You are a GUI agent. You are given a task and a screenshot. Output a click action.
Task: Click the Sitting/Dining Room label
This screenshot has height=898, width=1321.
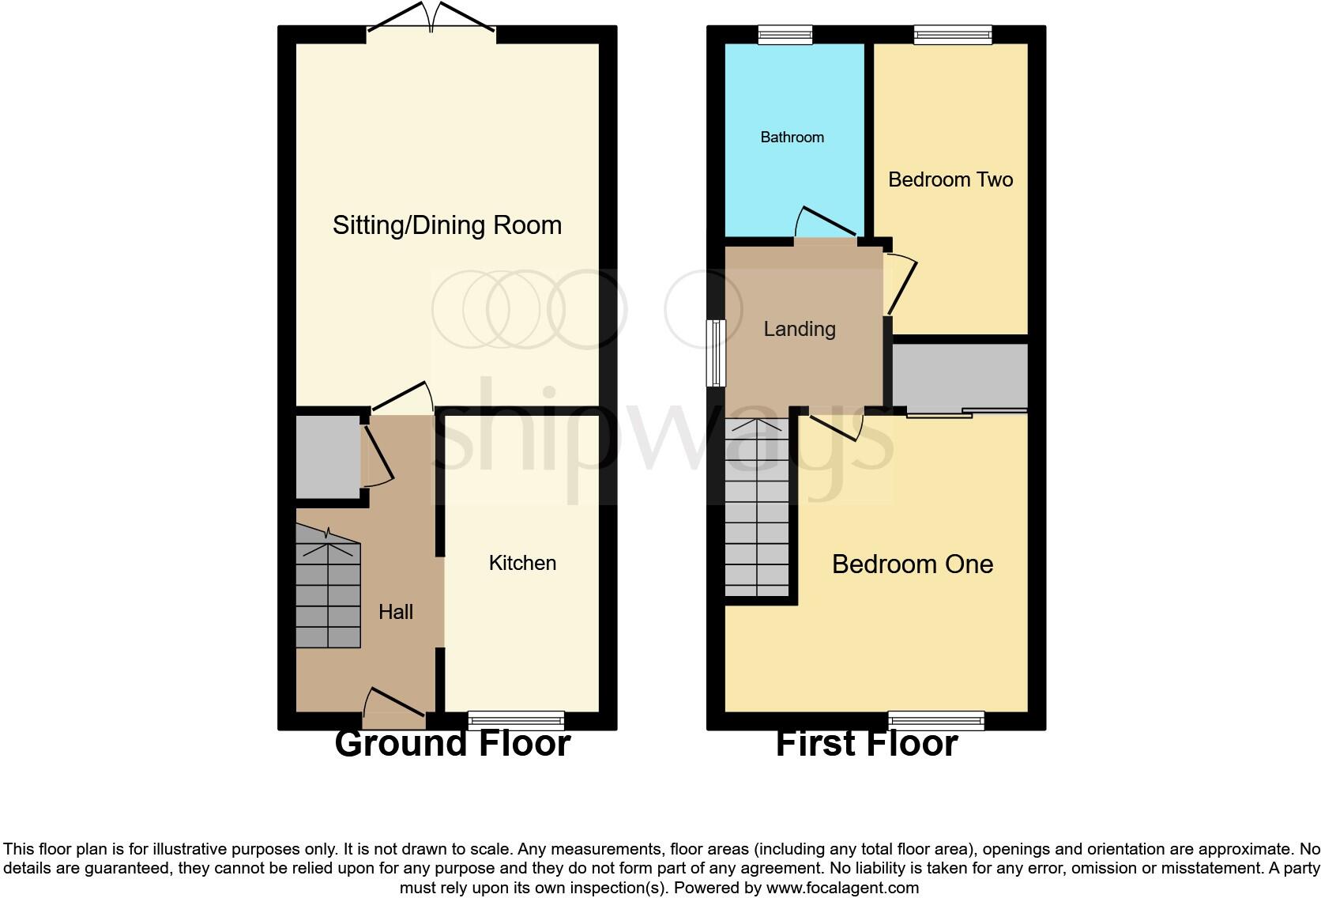(446, 225)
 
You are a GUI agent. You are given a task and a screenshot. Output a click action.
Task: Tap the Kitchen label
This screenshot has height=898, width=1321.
(522, 563)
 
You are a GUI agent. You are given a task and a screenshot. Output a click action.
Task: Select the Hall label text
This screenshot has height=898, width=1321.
(395, 611)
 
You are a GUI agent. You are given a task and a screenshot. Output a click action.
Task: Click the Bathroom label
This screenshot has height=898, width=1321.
(792, 137)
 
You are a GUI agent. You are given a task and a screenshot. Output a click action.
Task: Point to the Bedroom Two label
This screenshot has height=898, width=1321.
(950, 179)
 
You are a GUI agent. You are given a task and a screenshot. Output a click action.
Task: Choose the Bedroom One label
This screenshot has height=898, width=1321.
(912, 564)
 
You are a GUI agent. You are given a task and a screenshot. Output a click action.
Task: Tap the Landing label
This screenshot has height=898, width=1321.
(799, 329)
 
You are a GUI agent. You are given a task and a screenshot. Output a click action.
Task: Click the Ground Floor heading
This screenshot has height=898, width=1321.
(452, 744)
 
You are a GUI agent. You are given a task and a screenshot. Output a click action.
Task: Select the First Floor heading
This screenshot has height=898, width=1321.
(866, 744)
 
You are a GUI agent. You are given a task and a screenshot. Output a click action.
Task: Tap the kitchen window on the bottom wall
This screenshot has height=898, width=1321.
(516, 720)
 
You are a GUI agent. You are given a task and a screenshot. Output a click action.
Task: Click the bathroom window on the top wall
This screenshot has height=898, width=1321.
(785, 34)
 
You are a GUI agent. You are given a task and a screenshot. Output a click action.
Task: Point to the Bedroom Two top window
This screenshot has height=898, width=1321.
(952, 34)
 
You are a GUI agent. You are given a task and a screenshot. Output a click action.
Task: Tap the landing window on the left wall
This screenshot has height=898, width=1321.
(716, 353)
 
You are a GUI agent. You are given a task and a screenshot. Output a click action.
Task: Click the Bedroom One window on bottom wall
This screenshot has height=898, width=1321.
(935, 720)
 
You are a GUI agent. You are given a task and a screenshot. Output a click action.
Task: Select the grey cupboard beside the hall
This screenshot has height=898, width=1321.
(326, 457)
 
